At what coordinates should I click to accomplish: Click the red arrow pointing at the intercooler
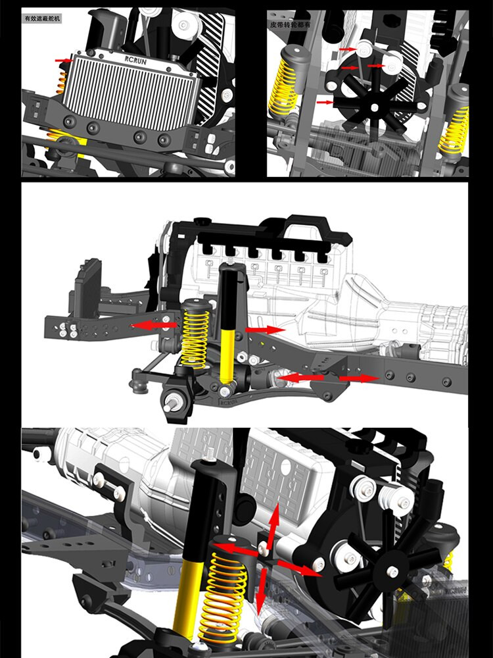point(64,61)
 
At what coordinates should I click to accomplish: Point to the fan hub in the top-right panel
point(374,106)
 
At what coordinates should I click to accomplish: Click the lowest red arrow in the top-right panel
point(325,103)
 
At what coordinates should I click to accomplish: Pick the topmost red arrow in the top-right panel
point(348,50)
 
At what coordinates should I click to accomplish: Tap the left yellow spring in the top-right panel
point(285,86)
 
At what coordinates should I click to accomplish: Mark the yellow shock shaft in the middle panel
point(227,355)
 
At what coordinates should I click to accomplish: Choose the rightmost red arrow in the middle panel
point(359,378)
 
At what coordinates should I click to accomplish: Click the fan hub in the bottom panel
point(393,573)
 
